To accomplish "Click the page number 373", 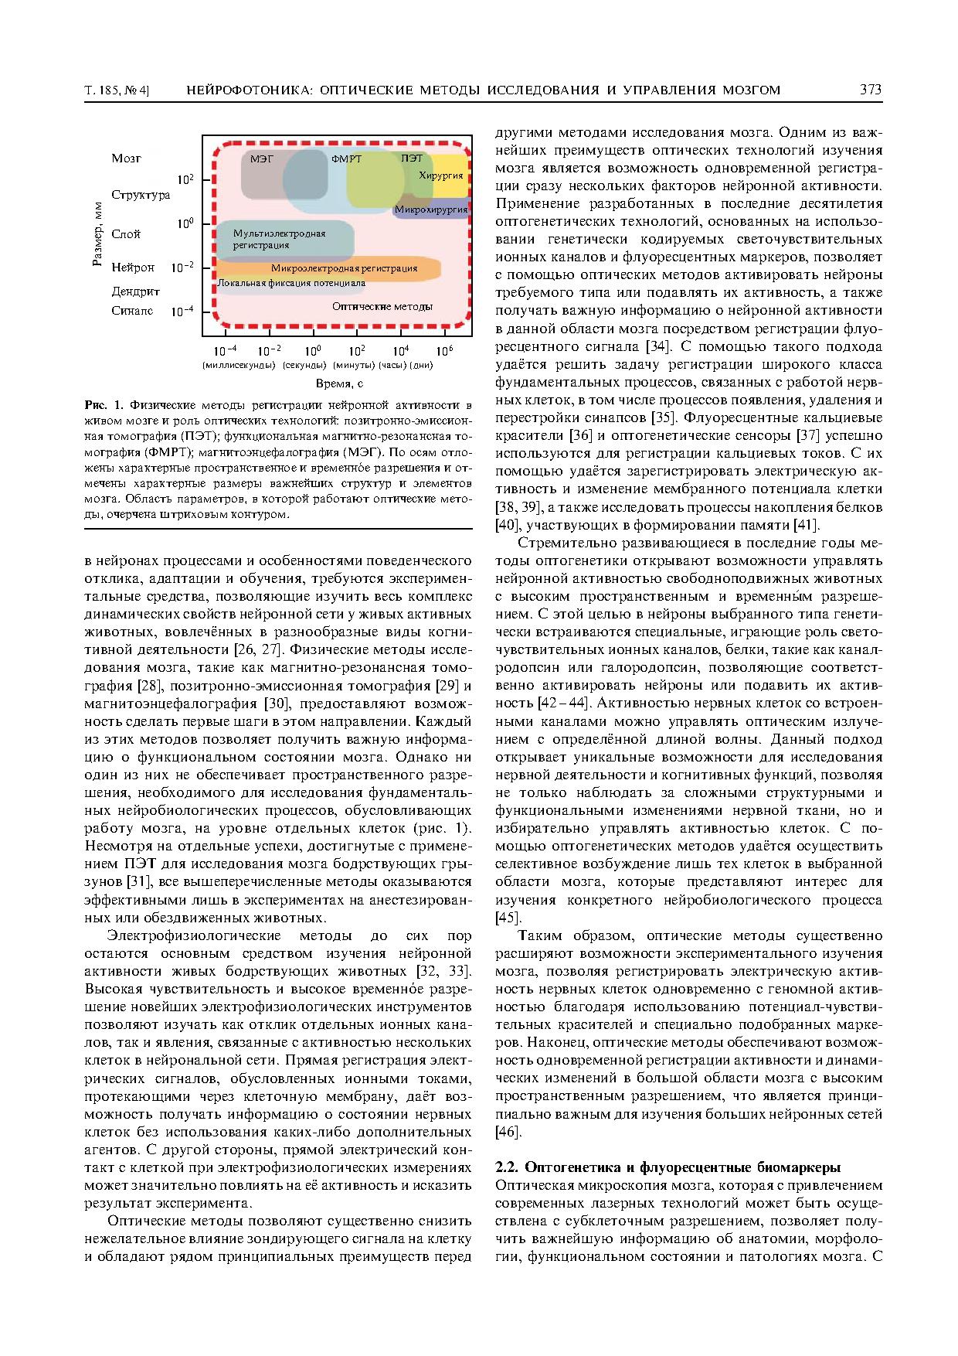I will [870, 90].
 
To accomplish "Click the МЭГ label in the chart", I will [262, 158].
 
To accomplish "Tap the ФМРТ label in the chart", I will [346, 159].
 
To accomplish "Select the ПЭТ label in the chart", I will [412, 158].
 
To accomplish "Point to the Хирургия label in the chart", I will [440, 176].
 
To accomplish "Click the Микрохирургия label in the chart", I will [430, 210].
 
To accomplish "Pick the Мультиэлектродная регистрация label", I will [279, 239].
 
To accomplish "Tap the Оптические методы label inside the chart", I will [382, 306].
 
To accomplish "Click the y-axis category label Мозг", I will [126, 158].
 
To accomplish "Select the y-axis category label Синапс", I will [132, 311].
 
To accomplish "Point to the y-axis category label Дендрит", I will [135, 291].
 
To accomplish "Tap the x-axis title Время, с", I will [339, 383].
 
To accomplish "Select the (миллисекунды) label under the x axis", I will [239, 365].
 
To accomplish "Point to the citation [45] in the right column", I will [508, 918].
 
